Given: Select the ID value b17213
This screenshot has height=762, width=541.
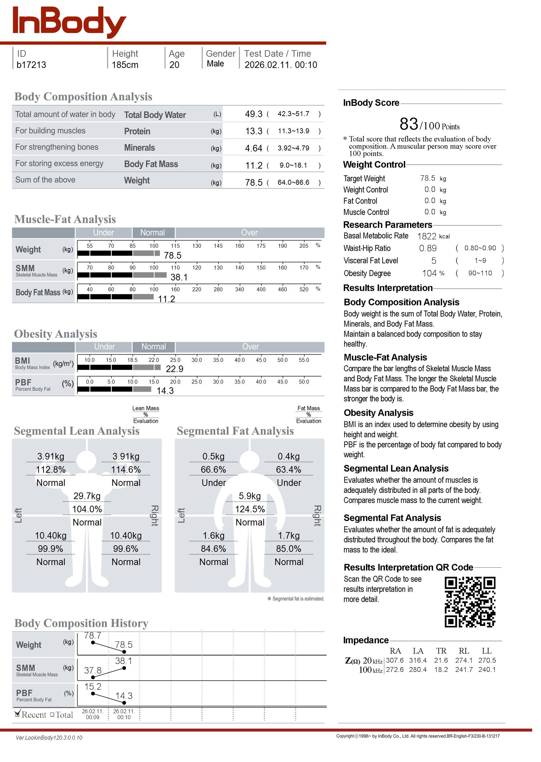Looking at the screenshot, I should [31, 65].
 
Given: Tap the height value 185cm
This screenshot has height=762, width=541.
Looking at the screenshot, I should [125, 65].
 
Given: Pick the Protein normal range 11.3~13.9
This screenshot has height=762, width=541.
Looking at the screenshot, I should [294, 131].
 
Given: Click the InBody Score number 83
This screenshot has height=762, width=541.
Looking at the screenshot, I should [409, 124].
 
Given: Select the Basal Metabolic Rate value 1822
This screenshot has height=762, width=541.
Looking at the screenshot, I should [427, 237].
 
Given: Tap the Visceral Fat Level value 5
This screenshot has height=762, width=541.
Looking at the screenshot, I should [434, 261].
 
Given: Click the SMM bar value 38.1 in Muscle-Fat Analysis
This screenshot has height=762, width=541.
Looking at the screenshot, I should [179, 277].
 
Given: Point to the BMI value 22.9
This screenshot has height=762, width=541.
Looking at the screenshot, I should [175, 369].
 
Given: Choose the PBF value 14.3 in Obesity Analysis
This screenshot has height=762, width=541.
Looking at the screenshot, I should [165, 391].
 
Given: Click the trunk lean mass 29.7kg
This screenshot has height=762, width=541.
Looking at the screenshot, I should [87, 496].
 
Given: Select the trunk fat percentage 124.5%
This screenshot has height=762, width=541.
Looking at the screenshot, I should [250, 509].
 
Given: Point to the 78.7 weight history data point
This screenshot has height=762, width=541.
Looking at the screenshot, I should [93, 643].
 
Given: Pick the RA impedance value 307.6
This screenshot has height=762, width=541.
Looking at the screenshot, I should [395, 660].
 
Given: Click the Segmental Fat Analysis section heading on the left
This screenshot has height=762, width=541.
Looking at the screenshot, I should [235, 431].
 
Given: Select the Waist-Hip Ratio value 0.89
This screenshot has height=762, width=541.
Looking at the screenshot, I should [428, 248].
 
